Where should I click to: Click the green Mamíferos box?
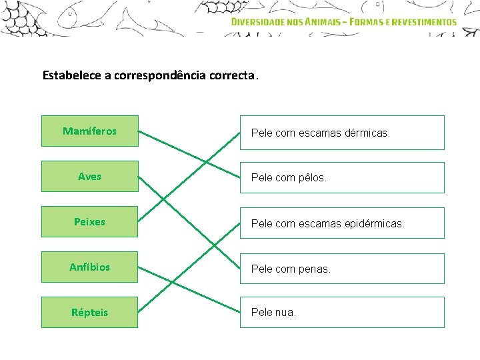pyautogui.click(x=89, y=131)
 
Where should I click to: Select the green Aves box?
pyautogui.click(x=89, y=177)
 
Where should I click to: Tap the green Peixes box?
pyautogui.click(x=89, y=222)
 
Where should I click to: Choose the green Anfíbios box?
pyautogui.click(x=89, y=267)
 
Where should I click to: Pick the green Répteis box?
pyautogui.click(x=89, y=312)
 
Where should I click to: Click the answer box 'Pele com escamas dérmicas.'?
pyautogui.click(x=342, y=133)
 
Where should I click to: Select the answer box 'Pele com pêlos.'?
pyautogui.click(x=342, y=178)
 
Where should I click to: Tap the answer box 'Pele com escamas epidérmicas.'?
pyautogui.click(x=342, y=223)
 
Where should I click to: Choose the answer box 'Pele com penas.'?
pyautogui.click(x=342, y=269)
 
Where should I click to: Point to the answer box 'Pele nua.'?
pyautogui.click(x=342, y=312)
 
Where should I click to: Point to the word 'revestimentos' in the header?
pyautogui.click(x=424, y=21)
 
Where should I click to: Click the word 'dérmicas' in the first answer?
pyautogui.click(x=367, y=133)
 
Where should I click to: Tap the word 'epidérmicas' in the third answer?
pyautogui.click(x=375, y=224)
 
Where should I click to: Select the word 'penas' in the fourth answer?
pyautogui.click(x=314, y=269)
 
